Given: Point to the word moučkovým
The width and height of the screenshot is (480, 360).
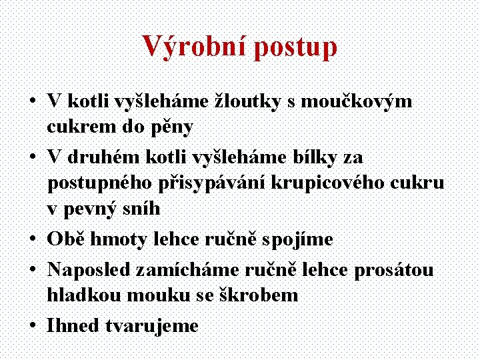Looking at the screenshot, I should (356, 102).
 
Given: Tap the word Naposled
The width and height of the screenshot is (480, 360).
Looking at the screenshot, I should (91, 270).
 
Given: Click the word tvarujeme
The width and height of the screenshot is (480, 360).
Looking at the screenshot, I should (152, 326).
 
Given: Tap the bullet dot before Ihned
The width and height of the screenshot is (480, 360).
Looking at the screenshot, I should (32, 326).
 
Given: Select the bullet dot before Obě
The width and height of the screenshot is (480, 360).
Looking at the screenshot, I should (32, 239).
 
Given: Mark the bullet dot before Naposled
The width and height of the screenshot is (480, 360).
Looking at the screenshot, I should (32, 270).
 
